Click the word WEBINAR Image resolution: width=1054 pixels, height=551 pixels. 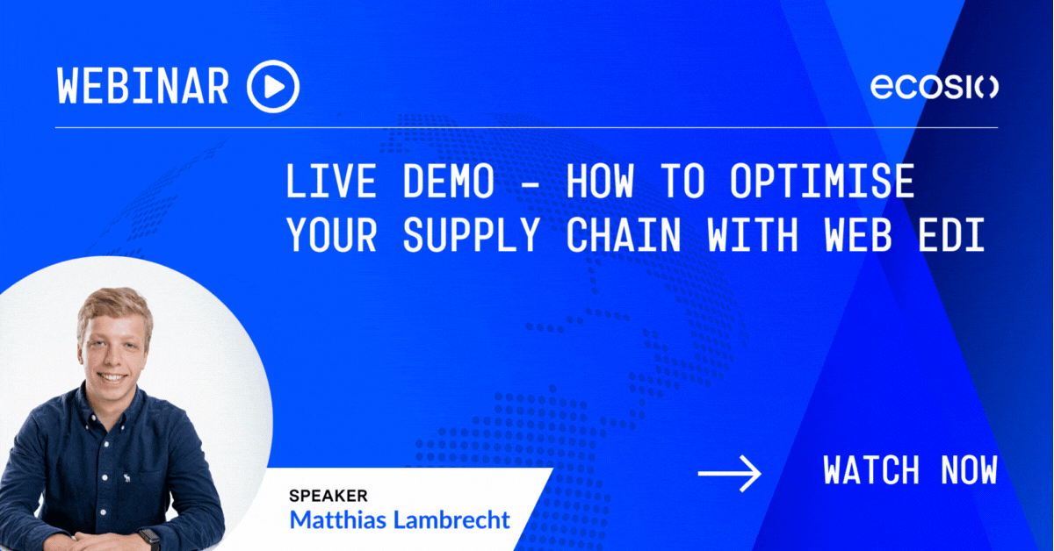pyautogui.click(x=143, y=86)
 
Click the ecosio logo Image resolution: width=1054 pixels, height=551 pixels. pyautogui.click(x=934, y=87)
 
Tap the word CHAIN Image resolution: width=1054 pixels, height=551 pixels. pyautogui.click(x=624, y=234)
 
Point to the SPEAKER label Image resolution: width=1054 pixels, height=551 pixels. pyautogui.click(x=328, y=496)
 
